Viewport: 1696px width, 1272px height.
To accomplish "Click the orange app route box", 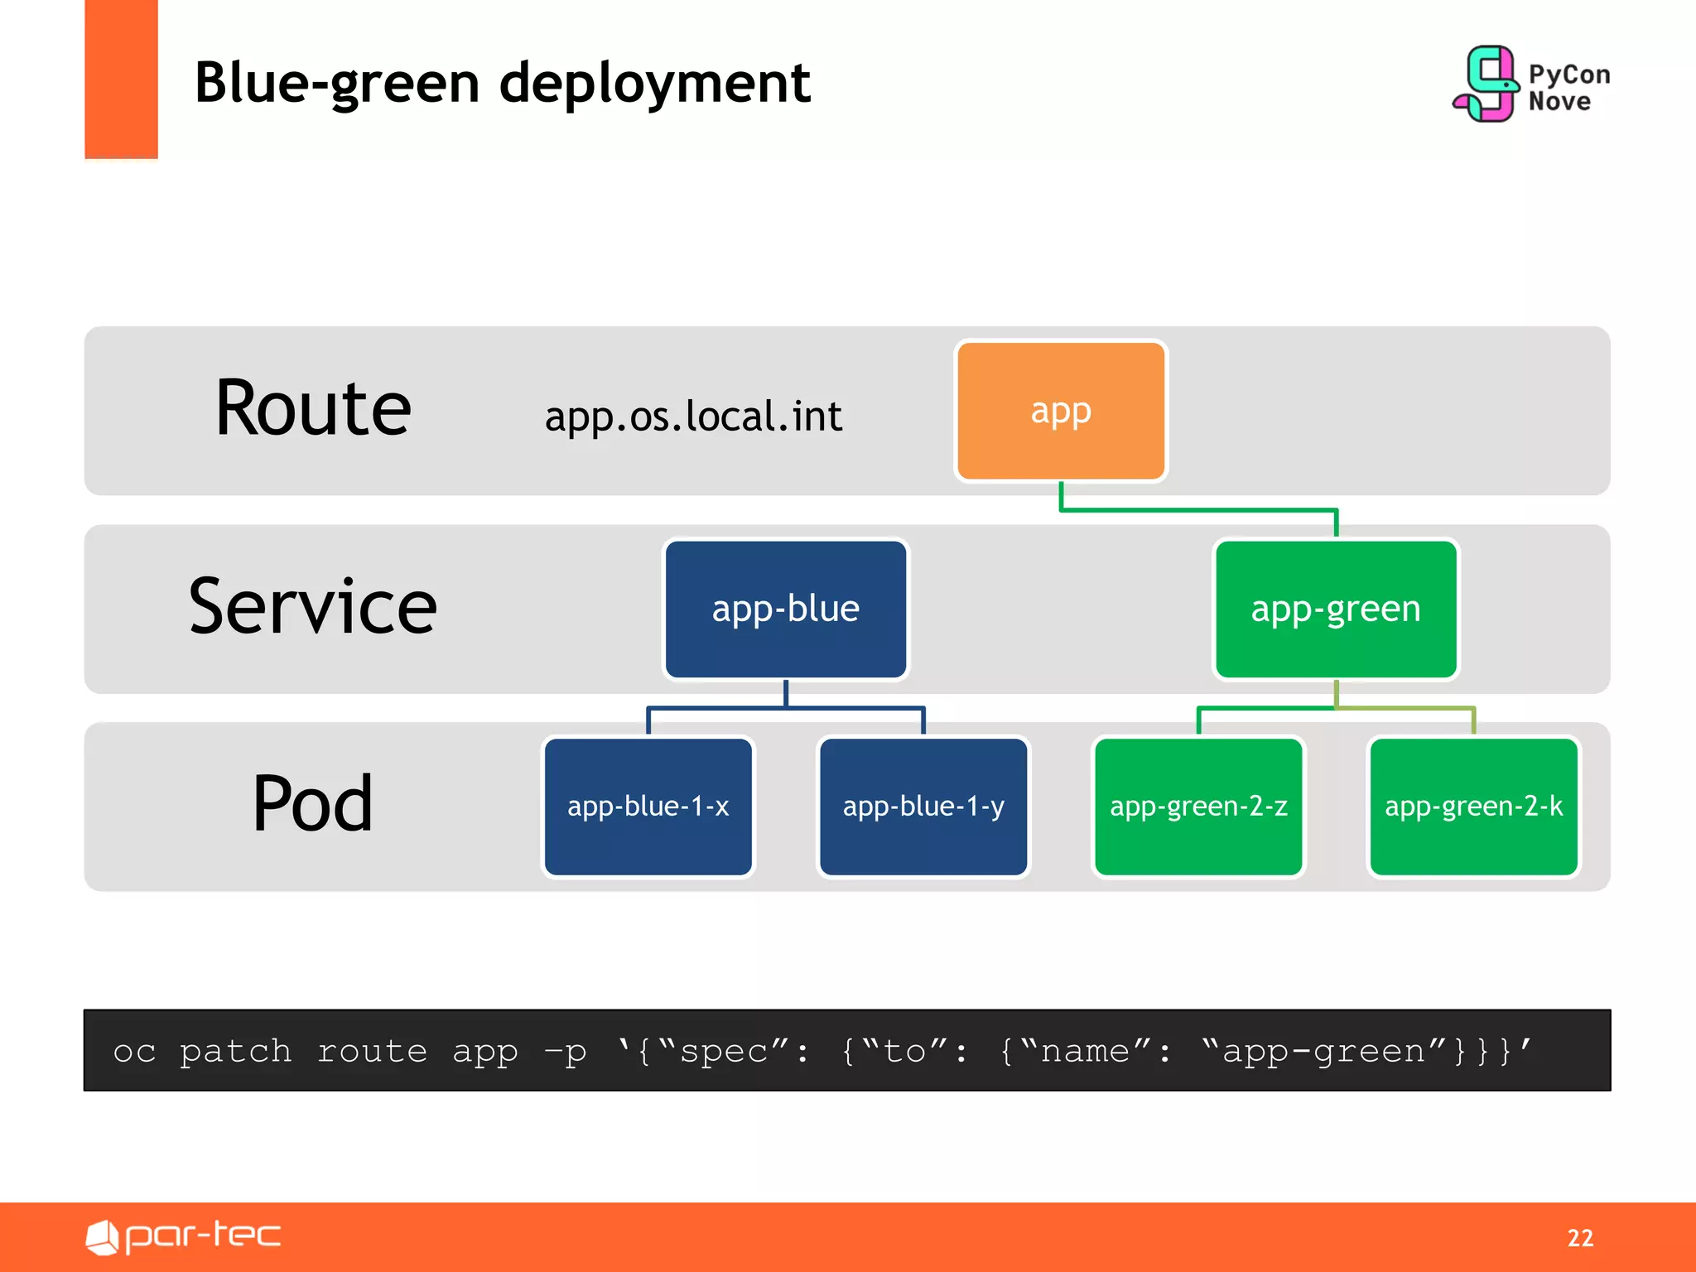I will coord(1060,411).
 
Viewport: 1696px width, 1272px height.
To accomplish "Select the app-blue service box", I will coord(785,609).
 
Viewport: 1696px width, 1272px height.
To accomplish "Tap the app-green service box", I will coord(1335,609).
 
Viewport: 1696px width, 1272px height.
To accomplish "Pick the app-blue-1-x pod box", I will coord(648,806).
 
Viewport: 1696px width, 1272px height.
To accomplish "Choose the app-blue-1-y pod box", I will coord(923,806).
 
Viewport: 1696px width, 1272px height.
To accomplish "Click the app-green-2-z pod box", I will coord(1197,806).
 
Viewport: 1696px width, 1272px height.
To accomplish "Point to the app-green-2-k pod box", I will coord(1473,806).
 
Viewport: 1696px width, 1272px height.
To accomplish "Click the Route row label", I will coord(312,407).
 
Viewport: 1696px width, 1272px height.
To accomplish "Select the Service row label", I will coord(312,607).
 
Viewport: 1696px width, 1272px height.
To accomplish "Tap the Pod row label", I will coord(312,803).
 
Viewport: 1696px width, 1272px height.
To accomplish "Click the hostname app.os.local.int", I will coord(693,417).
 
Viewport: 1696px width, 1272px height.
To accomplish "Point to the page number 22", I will coord(1579,1237).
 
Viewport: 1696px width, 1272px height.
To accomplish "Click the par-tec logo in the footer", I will coord(184,1236).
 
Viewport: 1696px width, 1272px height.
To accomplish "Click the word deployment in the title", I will coord(654,83).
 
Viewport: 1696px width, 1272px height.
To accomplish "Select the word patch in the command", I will coord(236,1051).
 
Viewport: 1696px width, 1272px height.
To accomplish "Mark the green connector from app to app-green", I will coord(1198,510).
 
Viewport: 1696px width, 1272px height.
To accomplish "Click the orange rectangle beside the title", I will coord(121,79).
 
